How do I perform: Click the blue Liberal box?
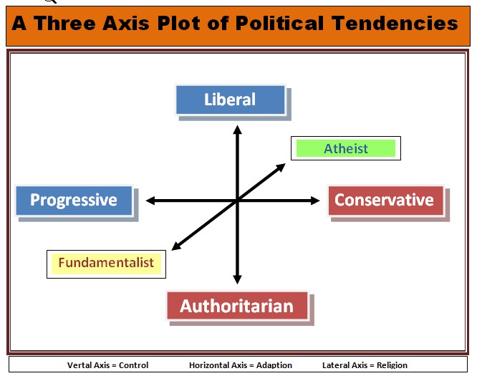230,100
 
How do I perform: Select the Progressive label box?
74,201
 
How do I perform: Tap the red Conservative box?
385,201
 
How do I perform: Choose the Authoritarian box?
236,306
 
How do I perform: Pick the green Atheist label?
346,149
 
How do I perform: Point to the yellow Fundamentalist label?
106,263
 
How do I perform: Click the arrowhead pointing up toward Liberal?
237,130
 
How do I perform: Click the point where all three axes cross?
237,201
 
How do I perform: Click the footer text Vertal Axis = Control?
107,365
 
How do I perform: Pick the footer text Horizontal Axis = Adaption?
241,365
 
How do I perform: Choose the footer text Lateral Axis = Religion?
365,365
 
